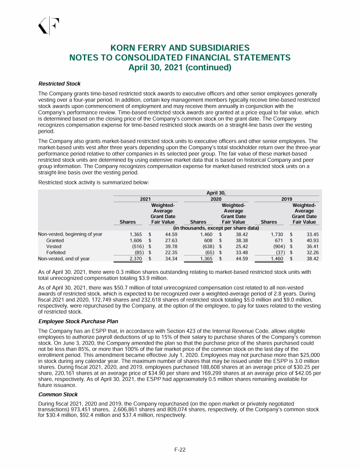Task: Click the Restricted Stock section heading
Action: coord(59,83)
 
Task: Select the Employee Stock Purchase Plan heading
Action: coord(77,321)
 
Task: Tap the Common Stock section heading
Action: coord(58,394)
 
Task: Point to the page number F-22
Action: coord(180,450)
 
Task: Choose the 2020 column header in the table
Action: coord(216,199)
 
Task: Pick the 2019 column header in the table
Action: coord(286,199)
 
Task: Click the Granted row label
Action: coord(55,240)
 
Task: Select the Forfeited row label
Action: coord(56,252)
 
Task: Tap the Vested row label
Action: coord(53,246)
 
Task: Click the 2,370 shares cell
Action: coord(129,258)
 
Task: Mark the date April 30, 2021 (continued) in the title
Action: coord(180,67)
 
